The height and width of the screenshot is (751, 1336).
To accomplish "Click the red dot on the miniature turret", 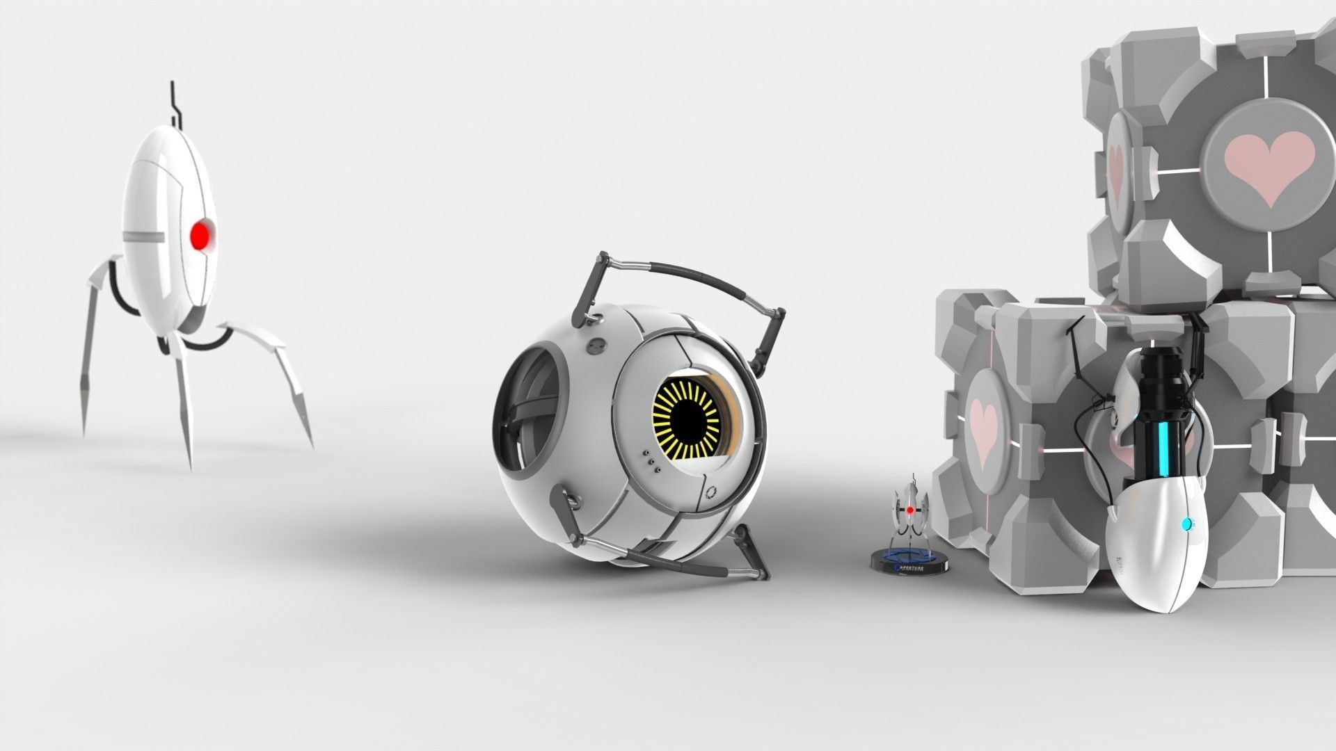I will (x=909, y=510).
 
